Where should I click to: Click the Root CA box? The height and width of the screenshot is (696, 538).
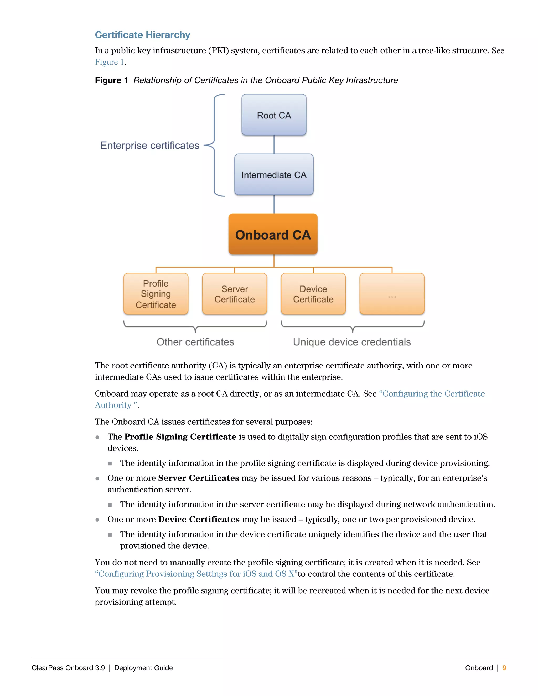click(274, 115)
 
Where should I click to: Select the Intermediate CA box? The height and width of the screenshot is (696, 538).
click(274, 175)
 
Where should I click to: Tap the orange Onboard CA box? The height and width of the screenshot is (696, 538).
click(273, 234)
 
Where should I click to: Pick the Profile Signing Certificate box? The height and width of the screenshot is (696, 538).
click(156, 294)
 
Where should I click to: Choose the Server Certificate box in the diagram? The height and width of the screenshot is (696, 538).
click(235, 294)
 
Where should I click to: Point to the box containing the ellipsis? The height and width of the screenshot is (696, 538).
click(392, 294)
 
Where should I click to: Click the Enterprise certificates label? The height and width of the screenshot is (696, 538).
click(150, 145)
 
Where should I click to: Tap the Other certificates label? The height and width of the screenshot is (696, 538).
click(195, 342)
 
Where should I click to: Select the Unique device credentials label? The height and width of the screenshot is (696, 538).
click(352, 342)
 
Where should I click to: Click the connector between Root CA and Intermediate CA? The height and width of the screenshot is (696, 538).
click(274, 145)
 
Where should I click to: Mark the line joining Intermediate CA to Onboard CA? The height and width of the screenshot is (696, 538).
click(274, 204)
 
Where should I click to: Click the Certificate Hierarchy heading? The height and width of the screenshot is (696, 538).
click(142, 35)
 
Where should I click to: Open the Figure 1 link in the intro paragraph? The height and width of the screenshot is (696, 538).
click(109, 62)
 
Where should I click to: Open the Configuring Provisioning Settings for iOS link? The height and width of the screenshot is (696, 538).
click(196, 574)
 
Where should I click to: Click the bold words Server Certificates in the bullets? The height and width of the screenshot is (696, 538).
click(198, 478)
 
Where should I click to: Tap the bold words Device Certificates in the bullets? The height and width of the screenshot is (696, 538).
click(199, 520)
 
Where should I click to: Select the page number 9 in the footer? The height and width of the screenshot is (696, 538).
click(504, 668)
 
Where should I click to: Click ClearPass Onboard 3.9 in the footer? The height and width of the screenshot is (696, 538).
click(68, 668)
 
